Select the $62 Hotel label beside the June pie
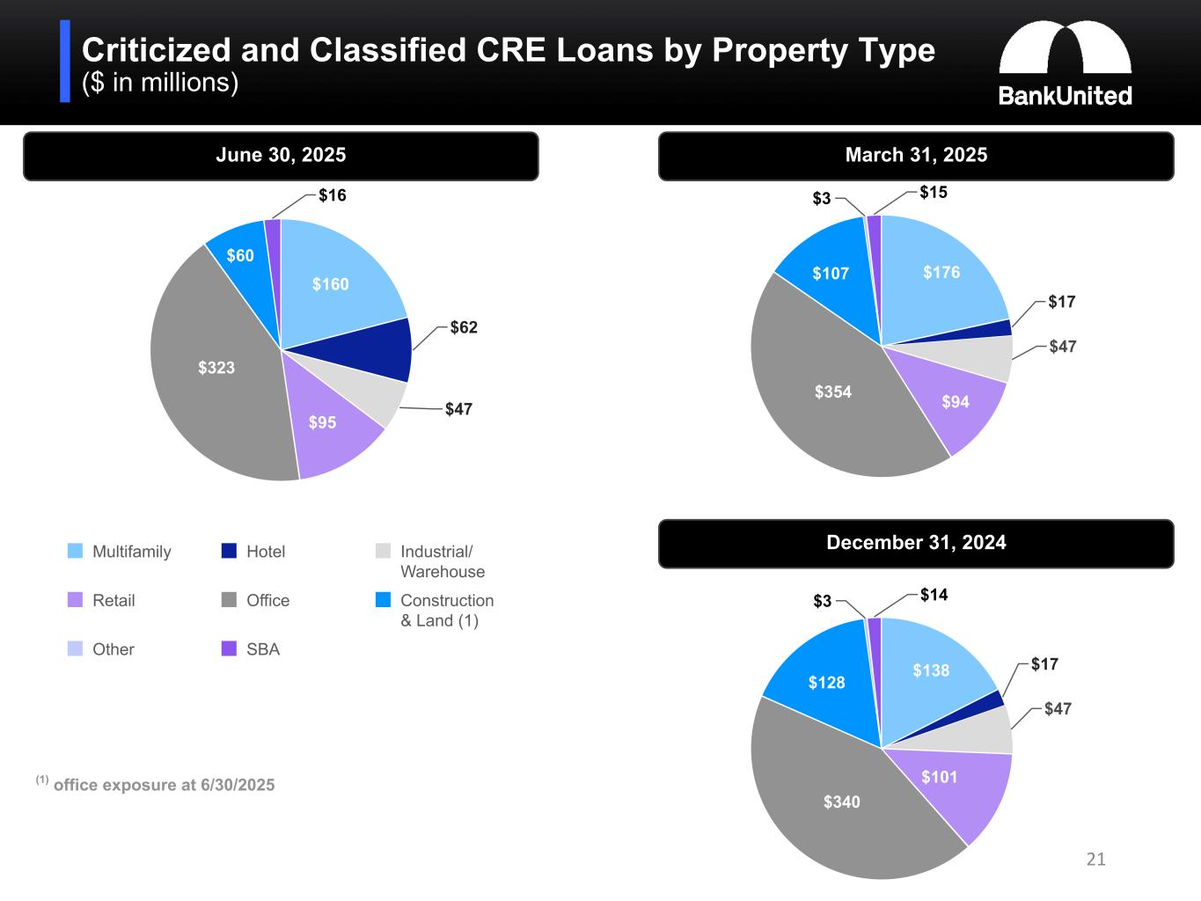coord(464,327)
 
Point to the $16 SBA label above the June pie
coord(332,195)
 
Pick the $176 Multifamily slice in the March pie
coord(941,273)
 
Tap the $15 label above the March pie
coord(933,192)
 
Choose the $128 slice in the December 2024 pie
coord(826,682)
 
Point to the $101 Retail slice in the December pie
coord(939,778)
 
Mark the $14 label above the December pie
coord(934,595)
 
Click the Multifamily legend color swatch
coord(76,552)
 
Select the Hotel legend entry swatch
coord(230,552)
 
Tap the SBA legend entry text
coord(263,649)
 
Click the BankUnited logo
coord(1065,64)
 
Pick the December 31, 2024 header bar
coord(915,543)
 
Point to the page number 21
coord(1095,860)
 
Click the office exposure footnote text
coord(164,785)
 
